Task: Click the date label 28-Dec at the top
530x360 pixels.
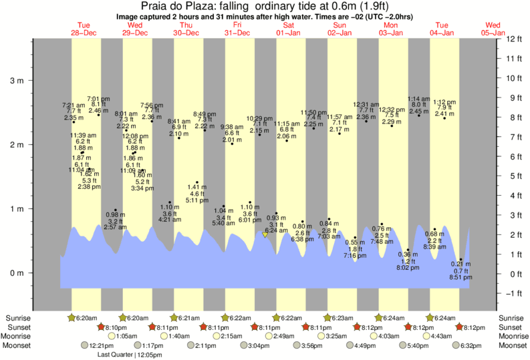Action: point(85,32)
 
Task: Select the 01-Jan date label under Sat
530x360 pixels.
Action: point(289,32)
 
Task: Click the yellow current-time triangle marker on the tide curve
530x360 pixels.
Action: point(265,235)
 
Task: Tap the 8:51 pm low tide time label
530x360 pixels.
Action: point(460,277)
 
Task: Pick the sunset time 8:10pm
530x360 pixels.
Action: point(114,327)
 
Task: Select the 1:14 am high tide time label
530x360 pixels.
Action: point(419,98)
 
